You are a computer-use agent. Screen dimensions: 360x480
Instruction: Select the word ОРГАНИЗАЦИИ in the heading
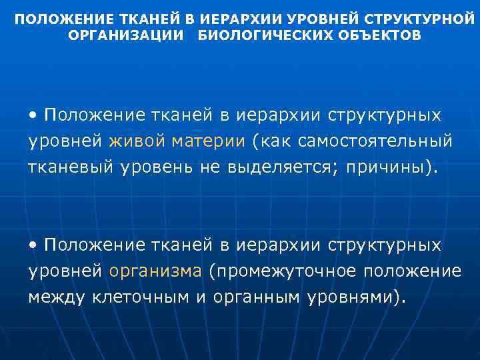(x=125, y=35)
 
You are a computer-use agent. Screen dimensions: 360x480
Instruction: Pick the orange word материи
(x=208, y=142)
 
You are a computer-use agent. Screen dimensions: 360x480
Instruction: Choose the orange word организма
(x=155, y=271)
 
